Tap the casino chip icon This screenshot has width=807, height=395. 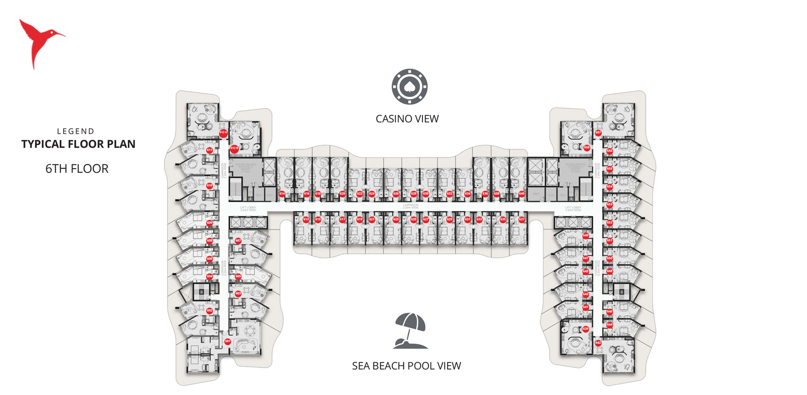[409, 87]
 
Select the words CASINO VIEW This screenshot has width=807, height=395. [407, 119]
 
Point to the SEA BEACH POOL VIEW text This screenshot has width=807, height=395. [406, 366]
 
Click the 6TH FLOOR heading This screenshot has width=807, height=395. [77, 169]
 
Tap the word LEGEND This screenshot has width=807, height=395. [76, 131]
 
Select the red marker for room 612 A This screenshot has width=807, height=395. [223, 132]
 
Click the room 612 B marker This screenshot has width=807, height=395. [234, 148]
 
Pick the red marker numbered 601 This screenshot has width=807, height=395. [228, 342]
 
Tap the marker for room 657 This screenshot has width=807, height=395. [598, 133]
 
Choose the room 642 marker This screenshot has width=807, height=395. [598, 343]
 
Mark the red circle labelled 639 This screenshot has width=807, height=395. [586, 329]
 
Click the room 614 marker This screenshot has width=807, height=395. [282, 194]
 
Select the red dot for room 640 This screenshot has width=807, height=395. [521, 194]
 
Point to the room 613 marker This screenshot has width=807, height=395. [306, 219]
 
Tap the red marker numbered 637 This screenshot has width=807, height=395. [521, 219]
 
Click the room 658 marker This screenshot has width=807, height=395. [587, 147]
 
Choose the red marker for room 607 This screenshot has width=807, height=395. [238, 241]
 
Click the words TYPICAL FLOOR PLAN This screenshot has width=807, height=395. [78, 144]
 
